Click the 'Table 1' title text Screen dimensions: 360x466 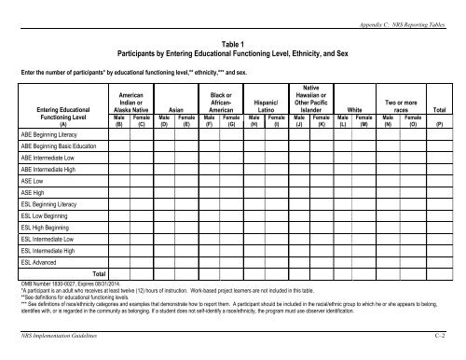click(232, 44)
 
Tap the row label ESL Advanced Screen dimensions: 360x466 click(42, 261)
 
